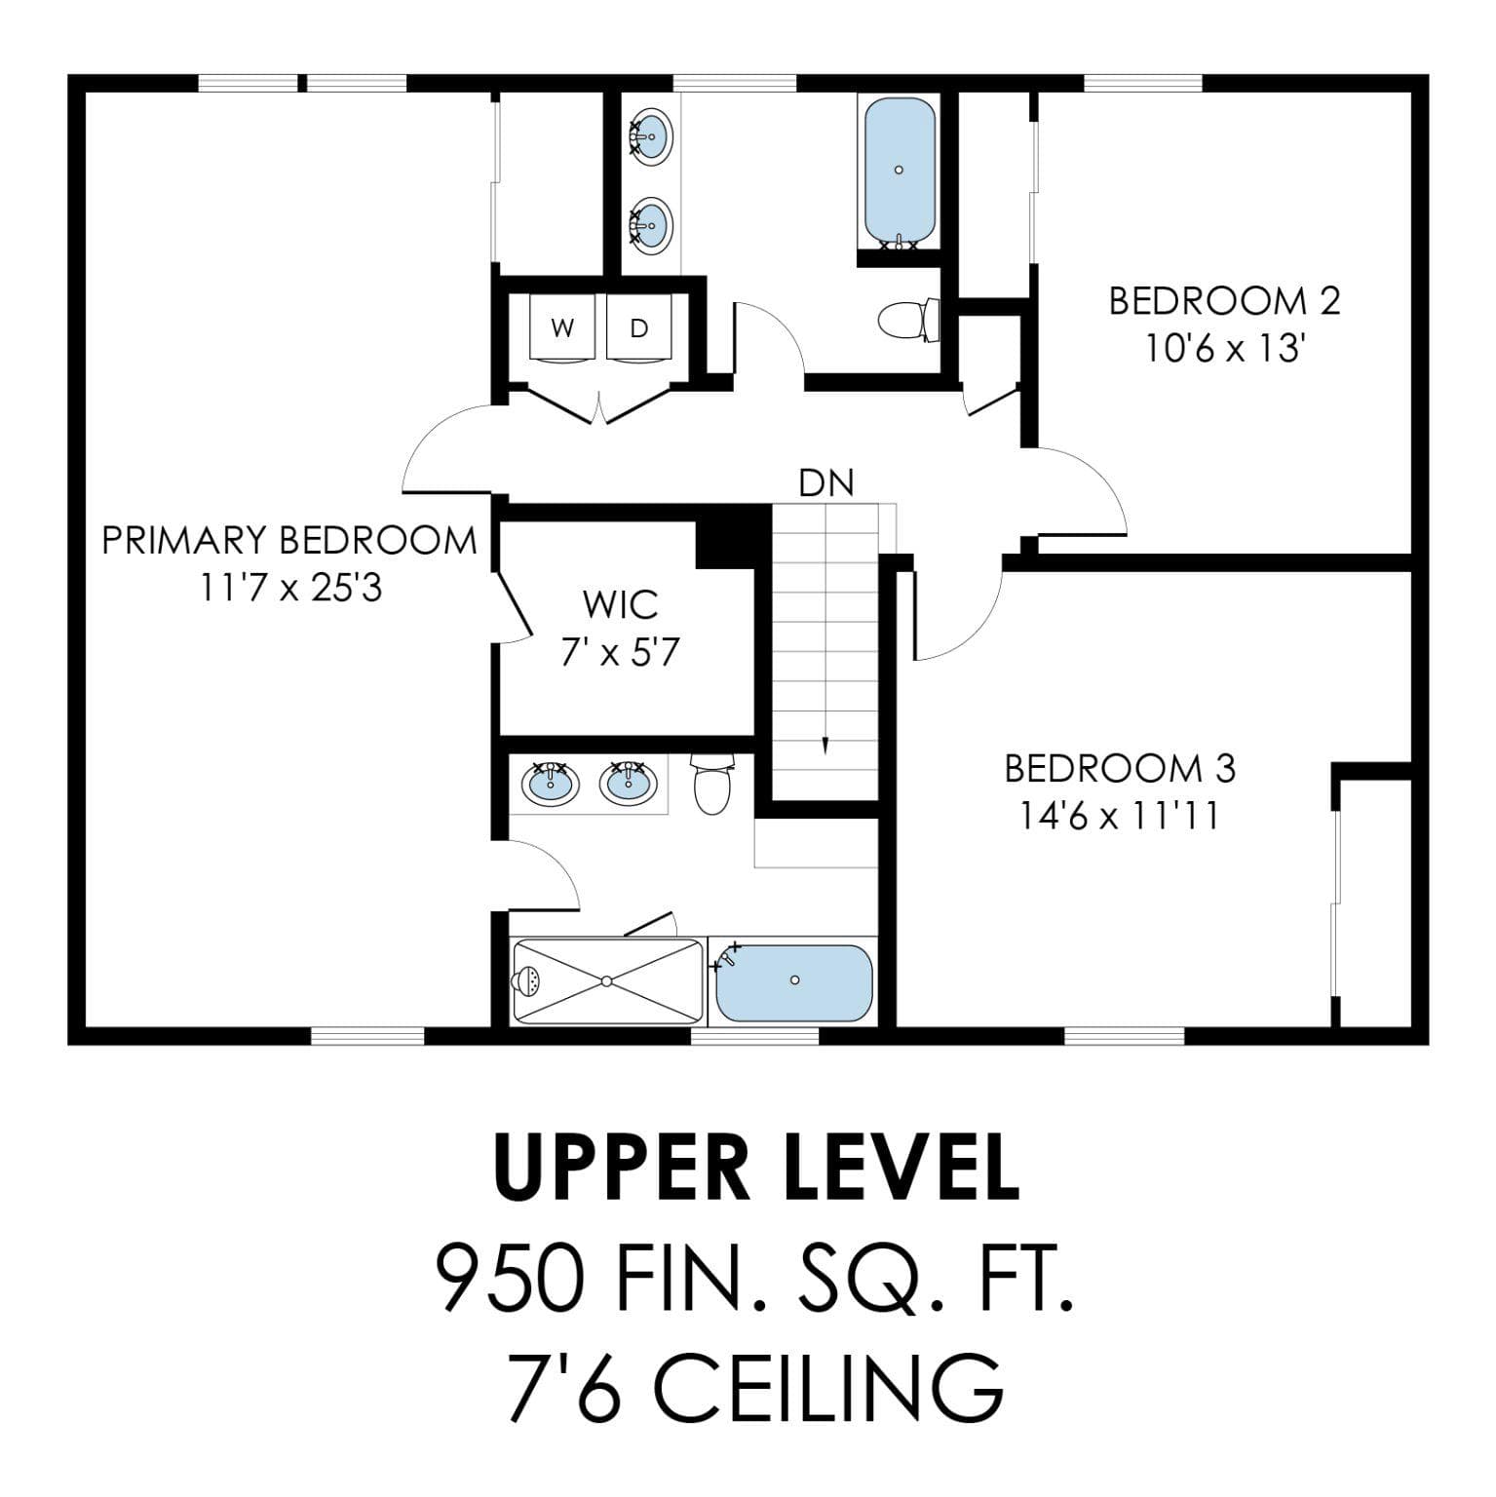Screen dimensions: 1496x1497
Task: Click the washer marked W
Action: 562,329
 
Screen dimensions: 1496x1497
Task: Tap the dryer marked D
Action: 639,329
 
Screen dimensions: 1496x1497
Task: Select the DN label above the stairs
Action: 826,482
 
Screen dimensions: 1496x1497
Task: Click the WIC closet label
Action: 621,604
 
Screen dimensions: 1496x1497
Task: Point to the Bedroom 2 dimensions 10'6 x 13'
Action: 1224,348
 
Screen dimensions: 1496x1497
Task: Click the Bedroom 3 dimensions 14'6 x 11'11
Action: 1120,816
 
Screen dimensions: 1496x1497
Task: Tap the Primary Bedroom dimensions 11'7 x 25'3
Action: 290,588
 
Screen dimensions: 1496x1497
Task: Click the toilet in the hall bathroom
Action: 908,320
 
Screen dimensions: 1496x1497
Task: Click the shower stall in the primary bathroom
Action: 606,980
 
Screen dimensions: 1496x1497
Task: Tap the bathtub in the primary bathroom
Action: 794,981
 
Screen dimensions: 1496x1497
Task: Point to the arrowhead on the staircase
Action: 825,746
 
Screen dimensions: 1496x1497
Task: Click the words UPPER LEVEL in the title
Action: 756,1167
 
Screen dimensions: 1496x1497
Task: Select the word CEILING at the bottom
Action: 828,1388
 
